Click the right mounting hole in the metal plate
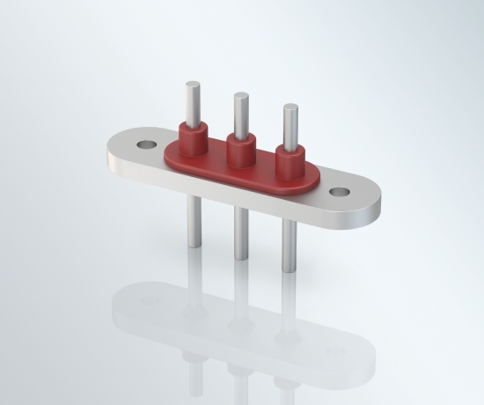click(x=340, y=191)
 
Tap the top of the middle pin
click(x=238, y=94)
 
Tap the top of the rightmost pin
click(x=289, y=108)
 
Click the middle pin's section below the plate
click(x=239, y=234)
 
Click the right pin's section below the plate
click(x=289, y=247)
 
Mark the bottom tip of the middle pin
click(x=239, y=258)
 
